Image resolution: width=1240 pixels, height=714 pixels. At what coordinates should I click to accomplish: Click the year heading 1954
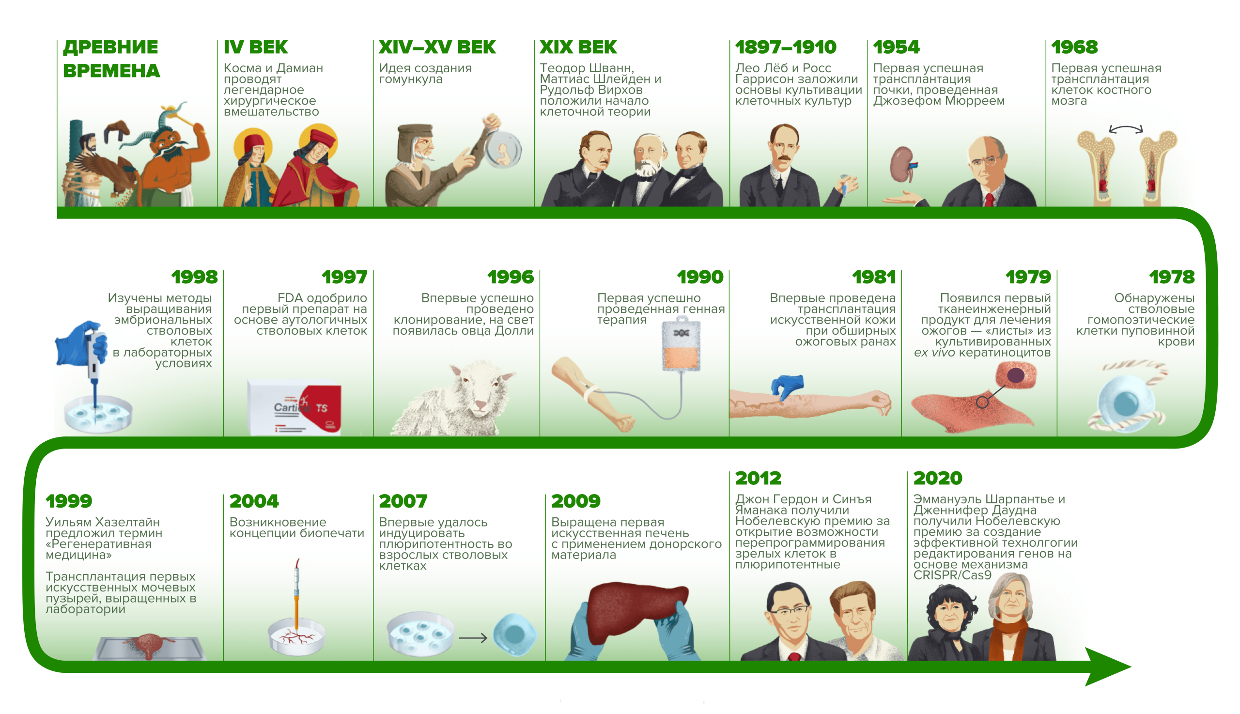(x=896, y=47)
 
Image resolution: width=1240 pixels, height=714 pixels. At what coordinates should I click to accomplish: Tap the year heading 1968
(x=1074, y=47)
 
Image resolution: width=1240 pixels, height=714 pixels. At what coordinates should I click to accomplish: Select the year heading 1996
(x=511, y=277)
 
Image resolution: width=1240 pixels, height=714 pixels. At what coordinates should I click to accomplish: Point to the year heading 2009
(x=575, y=501)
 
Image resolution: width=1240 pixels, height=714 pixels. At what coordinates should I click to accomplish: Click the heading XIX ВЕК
(x=578, y=47)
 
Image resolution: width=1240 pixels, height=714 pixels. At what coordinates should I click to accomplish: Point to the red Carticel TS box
(x=321, y=407)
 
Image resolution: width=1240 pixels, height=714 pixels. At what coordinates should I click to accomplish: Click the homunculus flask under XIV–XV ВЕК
(x=503, y=148)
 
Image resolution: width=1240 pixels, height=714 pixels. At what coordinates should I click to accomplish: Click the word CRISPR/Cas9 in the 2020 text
(x=952, y=575)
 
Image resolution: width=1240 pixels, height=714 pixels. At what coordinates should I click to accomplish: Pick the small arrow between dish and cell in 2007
(x=473, y=638)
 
